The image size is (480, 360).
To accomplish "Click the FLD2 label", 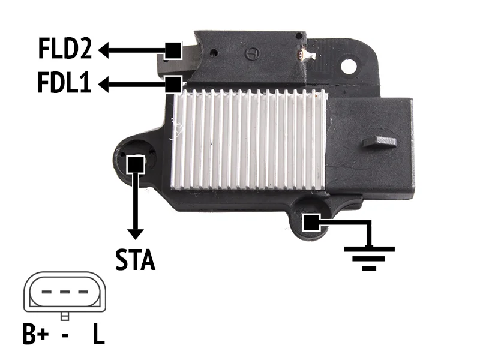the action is click(65, 49).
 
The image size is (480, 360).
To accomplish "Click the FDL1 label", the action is click(64, 82).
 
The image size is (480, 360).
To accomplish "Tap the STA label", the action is click(136, 260).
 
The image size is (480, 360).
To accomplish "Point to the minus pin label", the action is click(65, 335).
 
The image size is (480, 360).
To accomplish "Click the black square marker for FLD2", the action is click(173, 50).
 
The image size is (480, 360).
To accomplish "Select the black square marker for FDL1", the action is click(173, 84).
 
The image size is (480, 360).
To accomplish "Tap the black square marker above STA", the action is click(136, 164).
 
